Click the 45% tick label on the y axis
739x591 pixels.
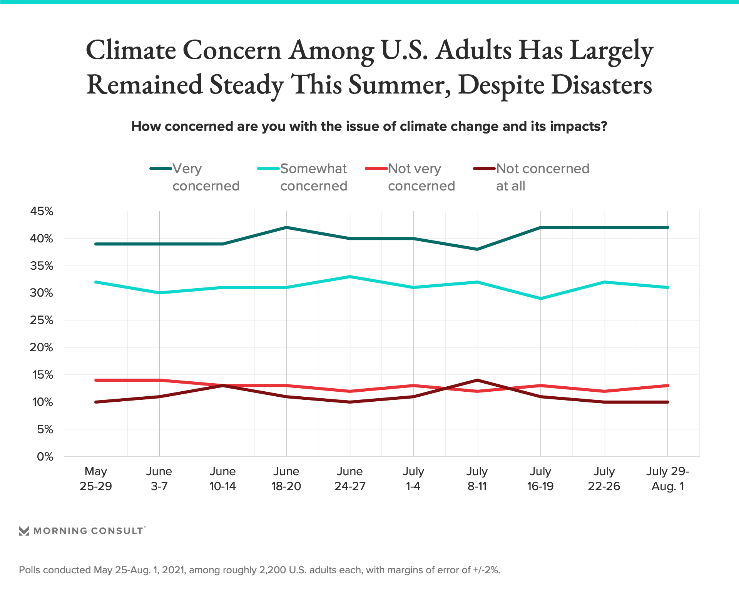coord(42,211)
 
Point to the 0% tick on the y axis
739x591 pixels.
coord(45,457)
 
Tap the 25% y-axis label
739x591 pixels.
coord(42,320)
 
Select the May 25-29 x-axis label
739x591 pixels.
coord(95,479)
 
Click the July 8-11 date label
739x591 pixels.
coord(477,479)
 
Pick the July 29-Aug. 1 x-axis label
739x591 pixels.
coord(667,479)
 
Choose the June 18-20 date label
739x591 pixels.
coord(286,479)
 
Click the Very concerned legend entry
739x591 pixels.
coord(195,177)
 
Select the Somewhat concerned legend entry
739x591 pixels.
coord(303,177)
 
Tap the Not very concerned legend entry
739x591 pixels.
coord(410,177)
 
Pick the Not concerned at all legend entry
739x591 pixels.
coord(531,177)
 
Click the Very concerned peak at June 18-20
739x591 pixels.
coord(286,227)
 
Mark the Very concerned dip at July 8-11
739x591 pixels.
coord(477,249)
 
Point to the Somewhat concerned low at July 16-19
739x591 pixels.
coord(541,299)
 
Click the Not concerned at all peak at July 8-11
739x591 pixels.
coord(477,380)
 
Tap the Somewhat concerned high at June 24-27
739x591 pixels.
coord(350,277)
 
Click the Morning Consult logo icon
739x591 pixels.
coord(24,531)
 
